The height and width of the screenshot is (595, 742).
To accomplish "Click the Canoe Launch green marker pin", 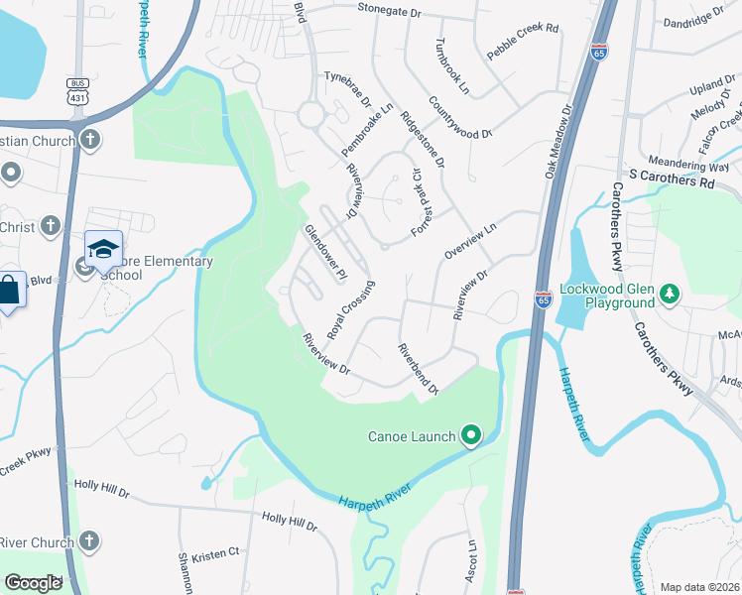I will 471,435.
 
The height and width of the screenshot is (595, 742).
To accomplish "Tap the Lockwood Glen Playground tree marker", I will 671,293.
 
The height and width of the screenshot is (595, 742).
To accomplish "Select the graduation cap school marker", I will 103,250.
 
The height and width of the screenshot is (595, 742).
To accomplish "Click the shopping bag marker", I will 8,292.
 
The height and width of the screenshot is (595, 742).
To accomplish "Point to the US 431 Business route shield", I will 78,92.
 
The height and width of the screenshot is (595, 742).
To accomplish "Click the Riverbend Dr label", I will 418,369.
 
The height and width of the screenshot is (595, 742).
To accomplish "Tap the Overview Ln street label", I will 470,241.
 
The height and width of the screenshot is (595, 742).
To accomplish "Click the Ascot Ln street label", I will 472,561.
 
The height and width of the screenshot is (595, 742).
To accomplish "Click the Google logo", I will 33,584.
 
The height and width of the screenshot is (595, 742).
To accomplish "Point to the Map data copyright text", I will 700,587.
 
